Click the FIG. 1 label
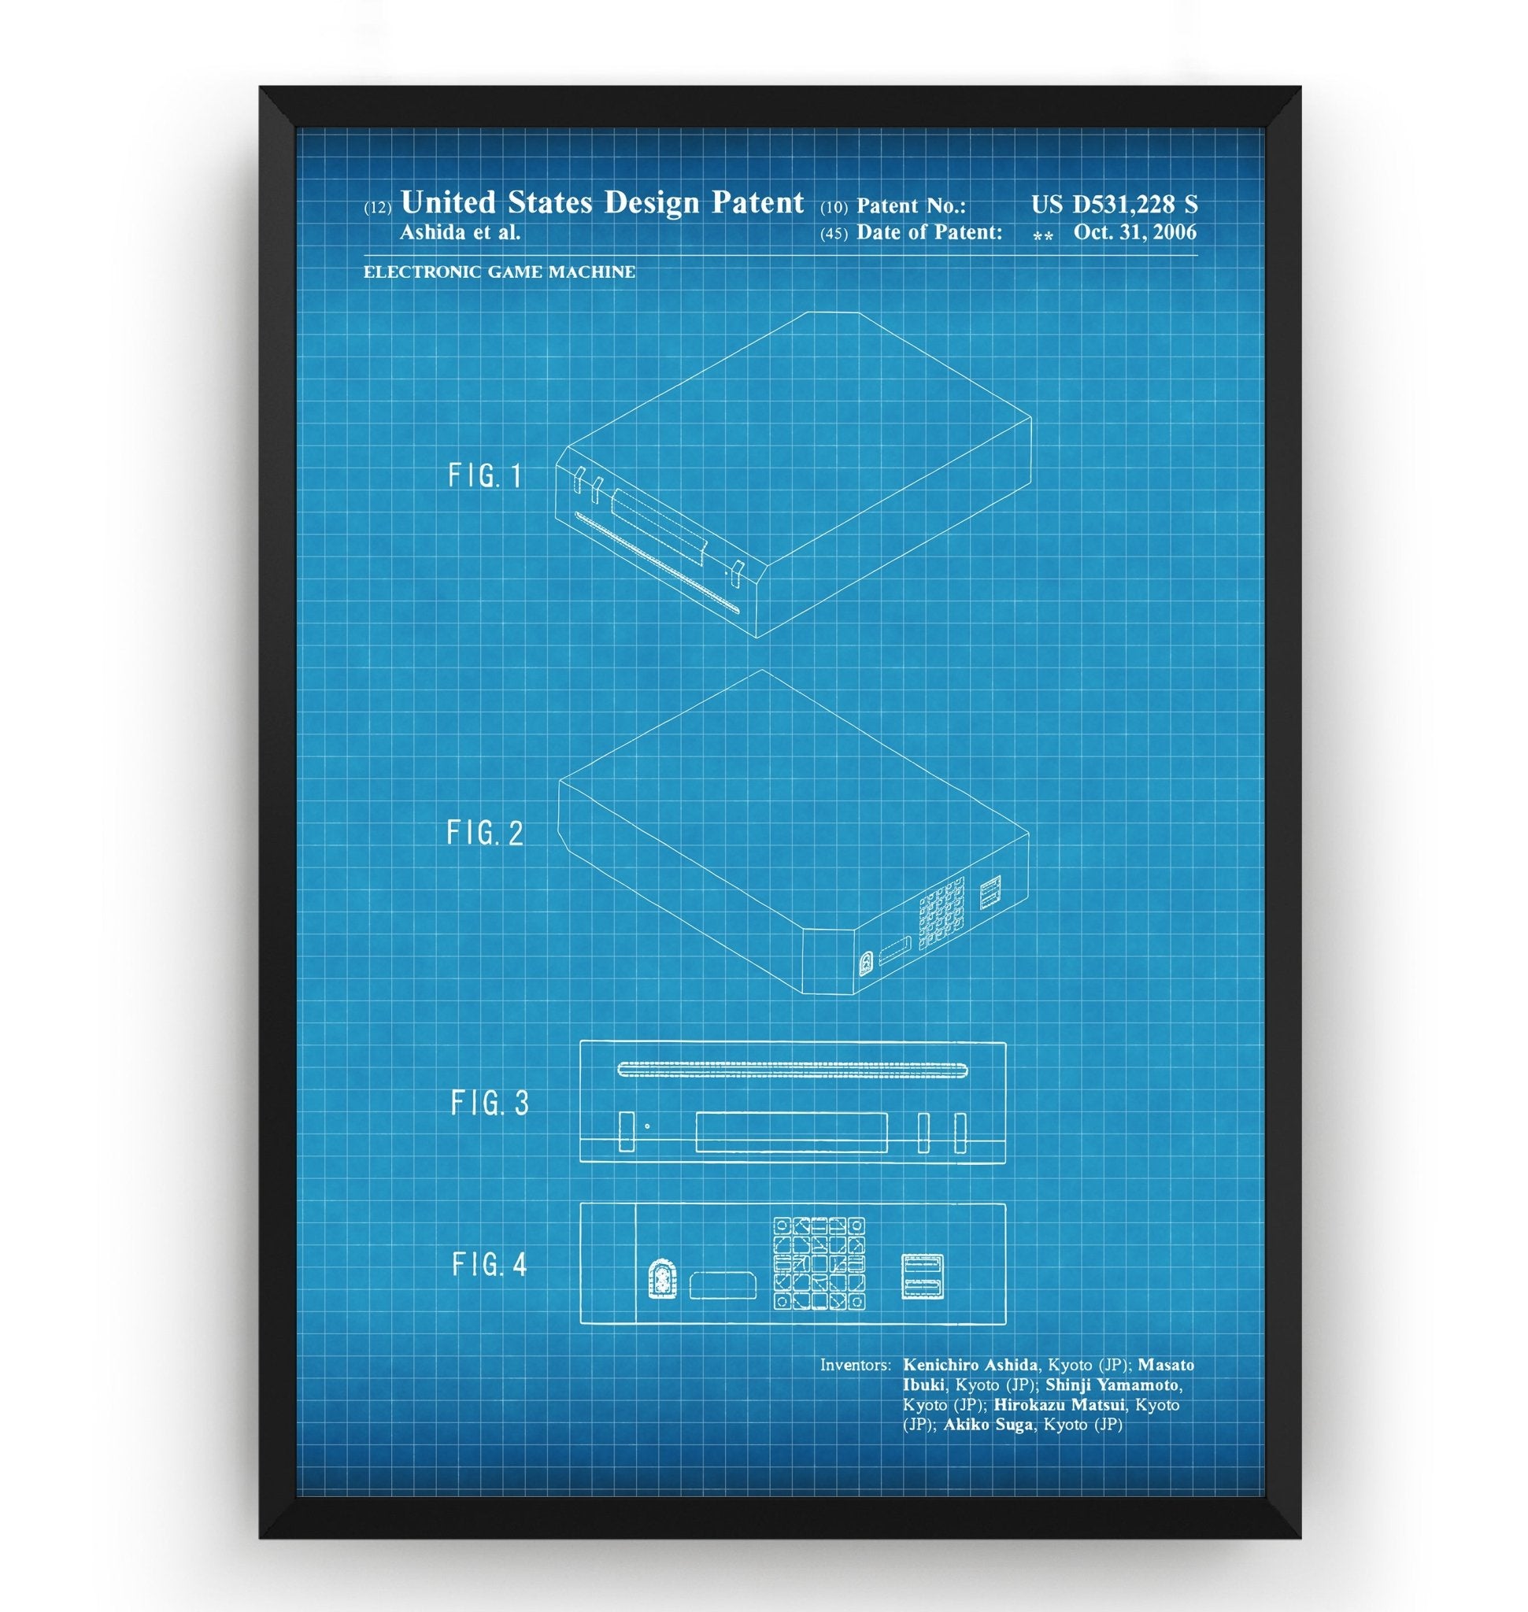click(485, 475)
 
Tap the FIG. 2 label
click(485, 834)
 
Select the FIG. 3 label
click(490, 1103)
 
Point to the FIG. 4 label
click(490, 1264)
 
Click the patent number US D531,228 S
click(1113, 205)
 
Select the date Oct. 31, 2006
click(1134, 232)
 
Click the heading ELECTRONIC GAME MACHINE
click(499, 272)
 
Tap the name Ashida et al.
click(460, 232)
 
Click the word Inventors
click(855, 1364)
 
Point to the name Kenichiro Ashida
click(970, 1364)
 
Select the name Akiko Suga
click(988, 1425)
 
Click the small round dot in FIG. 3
click(648, 1126)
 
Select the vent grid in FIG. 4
click(819, 1263)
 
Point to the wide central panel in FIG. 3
click(791, 1133)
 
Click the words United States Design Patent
click(602, 202)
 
